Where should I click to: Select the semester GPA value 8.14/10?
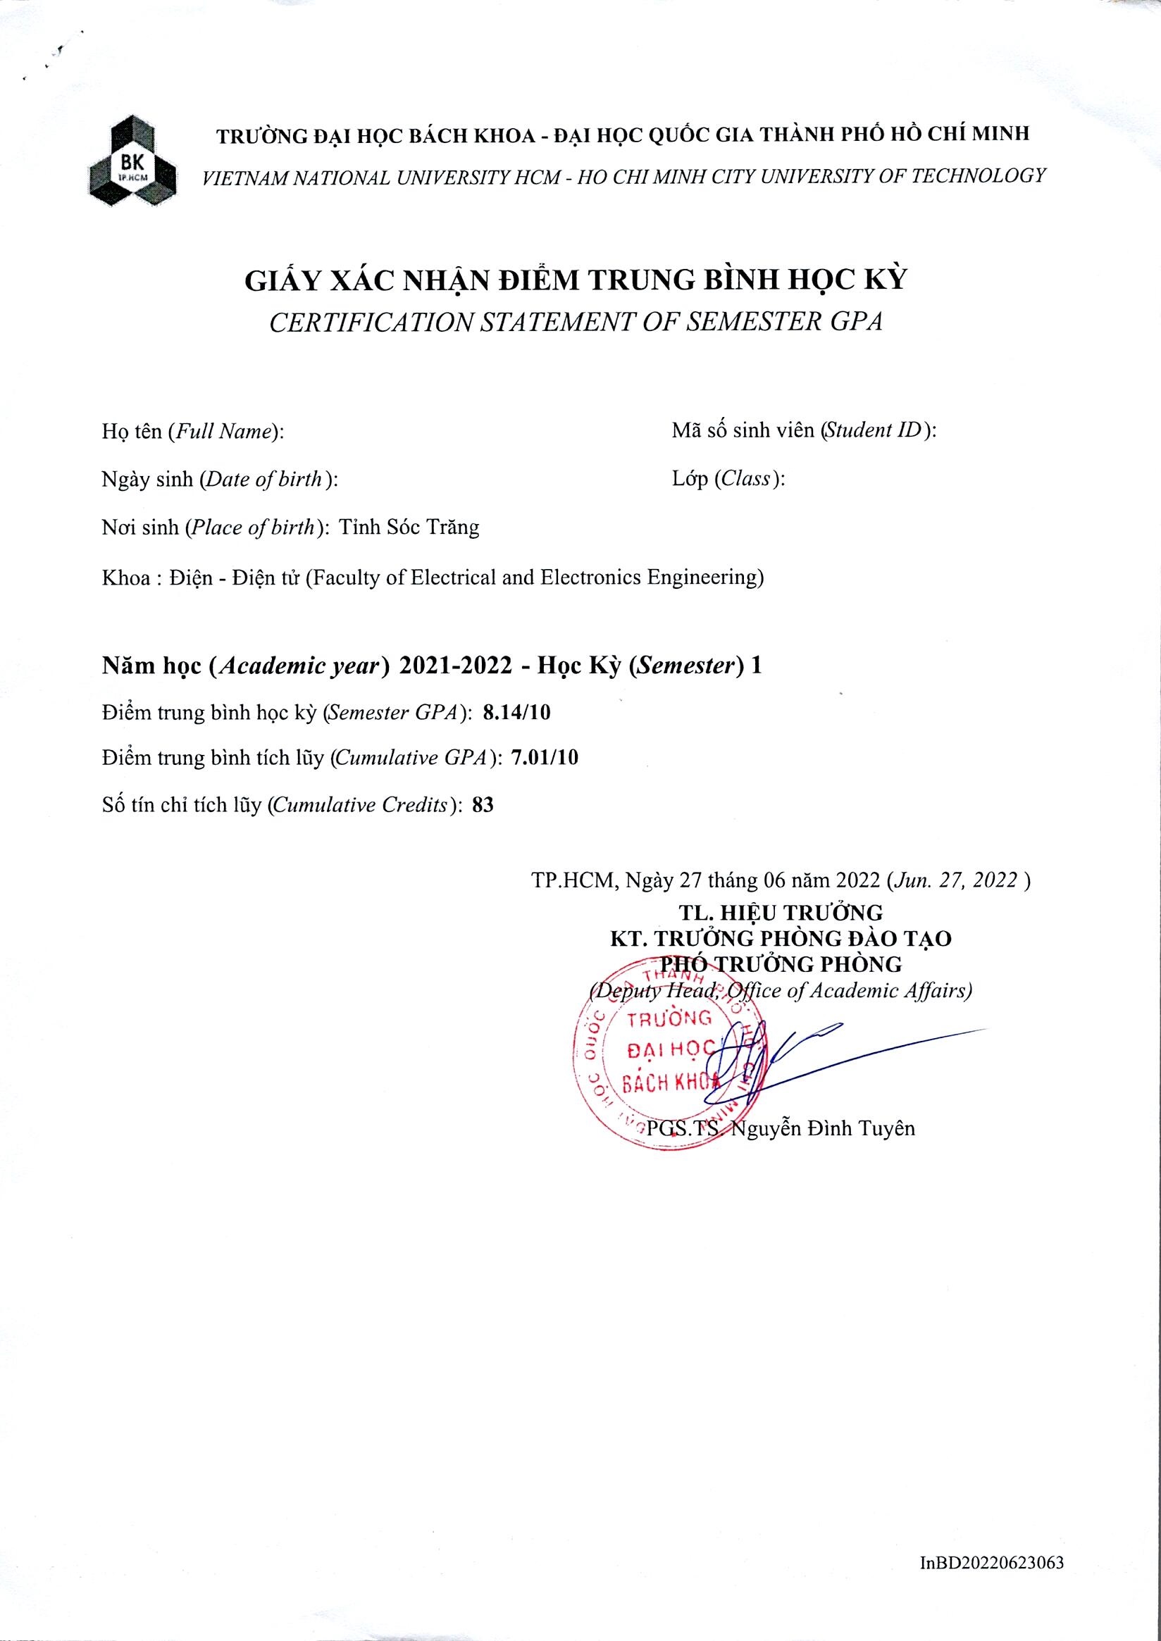click(517, 713)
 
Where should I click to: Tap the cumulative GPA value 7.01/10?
click(545, 759)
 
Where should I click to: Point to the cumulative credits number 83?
click(483, 806)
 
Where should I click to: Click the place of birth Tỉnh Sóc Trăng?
click(409, 528)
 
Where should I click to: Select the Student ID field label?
click(805, 431)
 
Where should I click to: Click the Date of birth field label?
click(220, 480)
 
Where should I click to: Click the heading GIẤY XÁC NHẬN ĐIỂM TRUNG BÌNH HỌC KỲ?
click(576, 280)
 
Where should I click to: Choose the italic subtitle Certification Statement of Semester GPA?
click(576, 323)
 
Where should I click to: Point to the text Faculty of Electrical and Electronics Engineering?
click(535, 577)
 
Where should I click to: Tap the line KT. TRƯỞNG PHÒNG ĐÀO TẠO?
click(781, 938)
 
